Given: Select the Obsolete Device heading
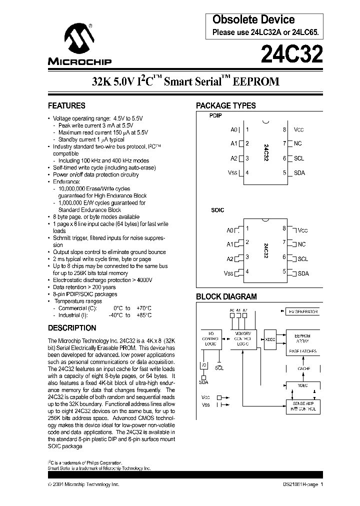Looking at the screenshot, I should tap(253, 20).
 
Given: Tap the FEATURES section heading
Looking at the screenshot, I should tap(66, 106).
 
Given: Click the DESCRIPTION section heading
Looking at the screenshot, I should tap(72, 328).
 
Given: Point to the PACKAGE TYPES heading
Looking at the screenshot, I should tap(225, 106).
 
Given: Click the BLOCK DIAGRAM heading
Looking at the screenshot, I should tap(226, 296).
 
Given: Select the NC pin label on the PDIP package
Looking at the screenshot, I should tap(298, 144).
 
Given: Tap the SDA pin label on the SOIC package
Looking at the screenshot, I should tap(303, 273).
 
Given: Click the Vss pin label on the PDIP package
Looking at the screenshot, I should tap(232, 173).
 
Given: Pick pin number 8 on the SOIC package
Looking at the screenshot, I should tap(284, 228).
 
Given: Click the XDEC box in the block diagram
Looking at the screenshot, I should tap(270, 339).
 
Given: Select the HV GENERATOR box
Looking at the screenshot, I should tap(303, 311).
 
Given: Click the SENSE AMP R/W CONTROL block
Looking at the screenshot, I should tap(303, 406).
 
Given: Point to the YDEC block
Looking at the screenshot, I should tap(303, 385).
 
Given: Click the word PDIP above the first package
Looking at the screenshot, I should tap(215, 115).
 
